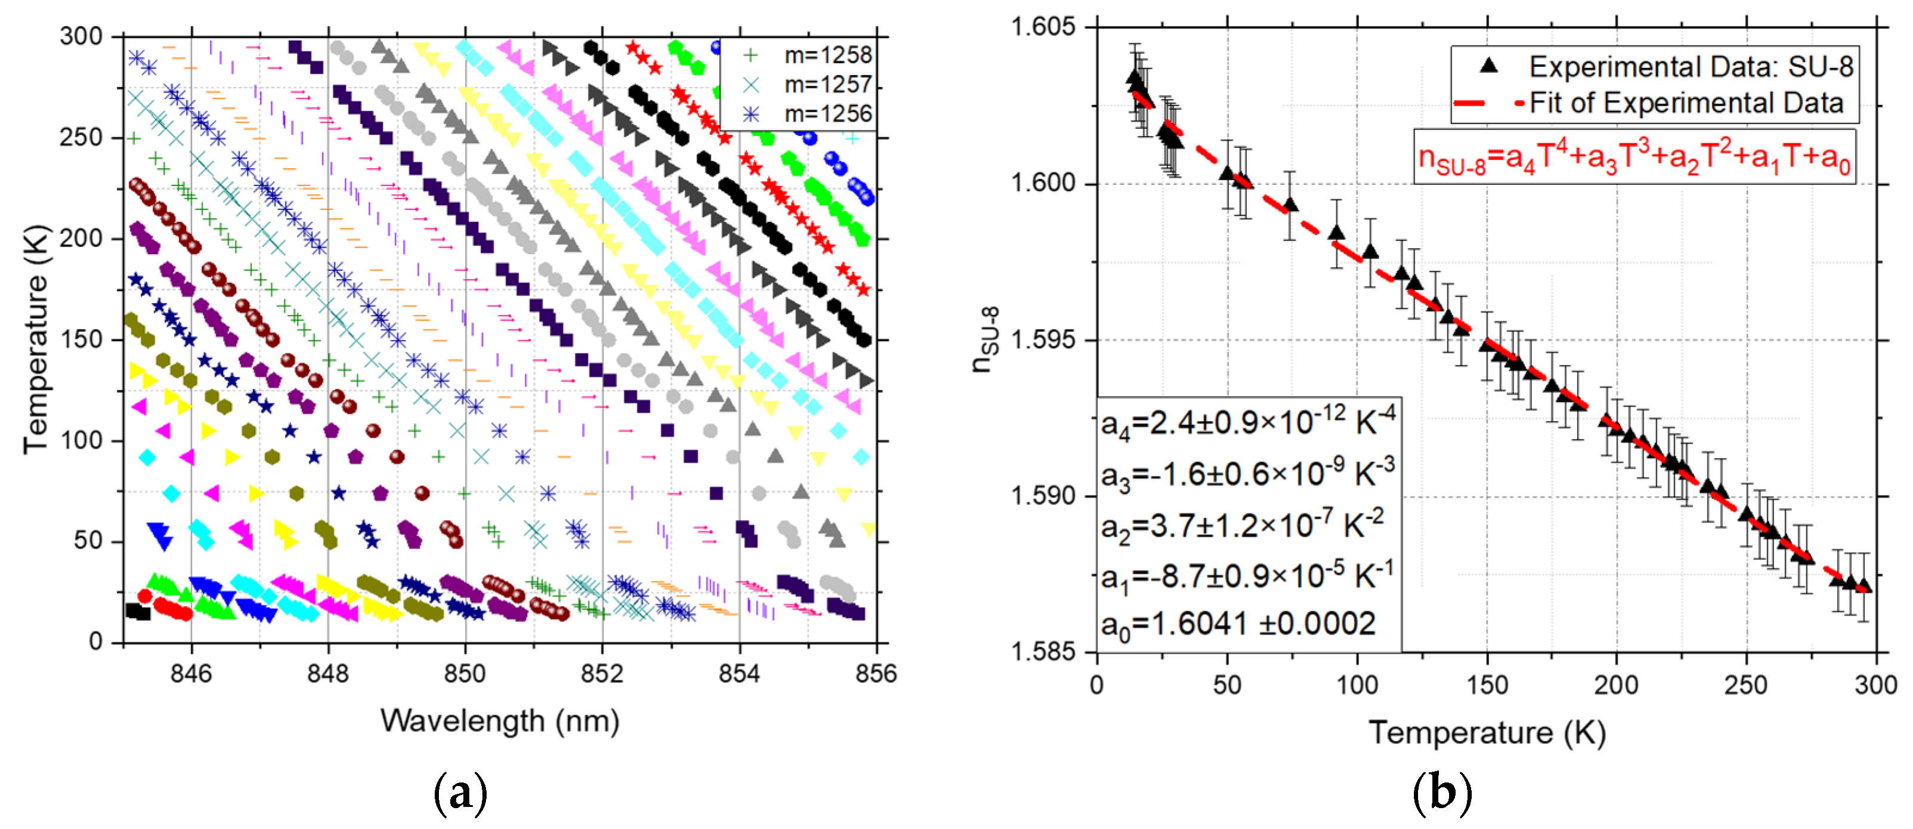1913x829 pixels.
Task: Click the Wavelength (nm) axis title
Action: [x=500, y=720]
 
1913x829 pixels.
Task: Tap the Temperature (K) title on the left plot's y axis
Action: [x=35, y=339]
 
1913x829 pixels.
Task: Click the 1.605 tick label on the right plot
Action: [x=1042, y=27]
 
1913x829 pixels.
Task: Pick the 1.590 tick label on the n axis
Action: [x=1042, y=496]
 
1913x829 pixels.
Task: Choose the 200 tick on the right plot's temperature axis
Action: [x=1616, y=684]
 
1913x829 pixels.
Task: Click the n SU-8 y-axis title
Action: [x=986, y=339]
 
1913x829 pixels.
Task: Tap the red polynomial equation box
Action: [x=1634, y=157]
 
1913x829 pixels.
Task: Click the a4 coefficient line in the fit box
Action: [x=1248, y=423]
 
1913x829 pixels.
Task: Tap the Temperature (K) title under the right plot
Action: [x=1487, y=732]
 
